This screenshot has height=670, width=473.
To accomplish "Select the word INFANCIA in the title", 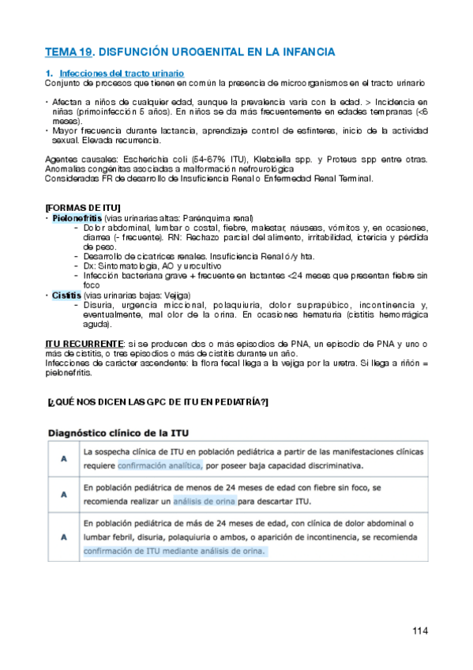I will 302,52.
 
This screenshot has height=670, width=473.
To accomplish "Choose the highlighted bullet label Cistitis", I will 66,295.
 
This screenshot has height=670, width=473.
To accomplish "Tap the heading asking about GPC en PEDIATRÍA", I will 158,402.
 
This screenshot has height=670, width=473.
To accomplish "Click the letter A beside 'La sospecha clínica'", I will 62,458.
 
